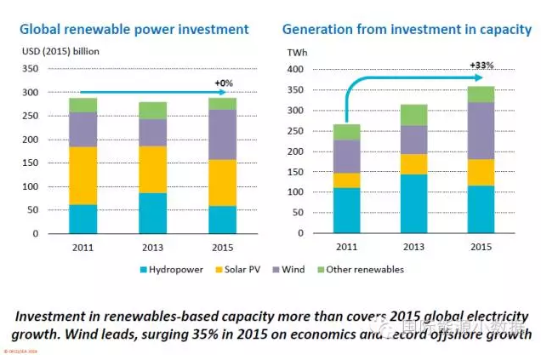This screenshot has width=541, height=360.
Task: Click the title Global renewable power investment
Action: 134,30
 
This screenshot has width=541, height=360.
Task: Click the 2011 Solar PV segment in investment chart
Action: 83,175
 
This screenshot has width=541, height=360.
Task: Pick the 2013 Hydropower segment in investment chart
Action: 153,213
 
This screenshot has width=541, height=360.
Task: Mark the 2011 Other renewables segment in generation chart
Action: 346,132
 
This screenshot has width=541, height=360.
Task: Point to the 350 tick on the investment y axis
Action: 30,68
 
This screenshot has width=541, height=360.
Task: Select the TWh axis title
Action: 298,52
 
